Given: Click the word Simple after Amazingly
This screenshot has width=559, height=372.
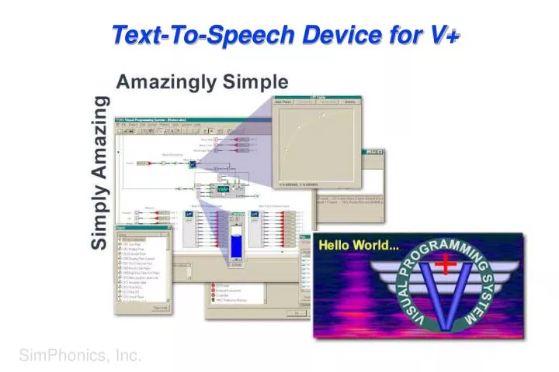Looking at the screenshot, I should (x=255, y=82).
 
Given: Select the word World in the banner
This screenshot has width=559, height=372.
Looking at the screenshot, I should (x=380, y=247).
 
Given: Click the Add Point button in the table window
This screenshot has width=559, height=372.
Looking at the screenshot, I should (x=283, y=101).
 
